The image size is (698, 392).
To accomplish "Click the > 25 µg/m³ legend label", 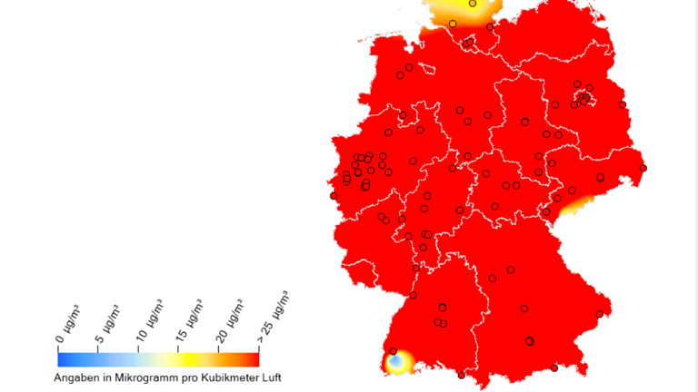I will click(x=274, y=314).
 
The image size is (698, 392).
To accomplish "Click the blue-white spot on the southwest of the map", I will click(x=397, y=364).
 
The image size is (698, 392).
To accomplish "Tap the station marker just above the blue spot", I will click(x=393, y=351).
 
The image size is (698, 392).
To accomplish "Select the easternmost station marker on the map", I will click(x=643, y=168).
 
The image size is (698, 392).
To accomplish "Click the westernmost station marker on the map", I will click(x=334, y=195).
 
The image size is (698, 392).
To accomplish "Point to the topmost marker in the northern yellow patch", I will click(x=472, y=4).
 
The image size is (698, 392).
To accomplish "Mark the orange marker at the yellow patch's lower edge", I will click(x=453, y=24).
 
